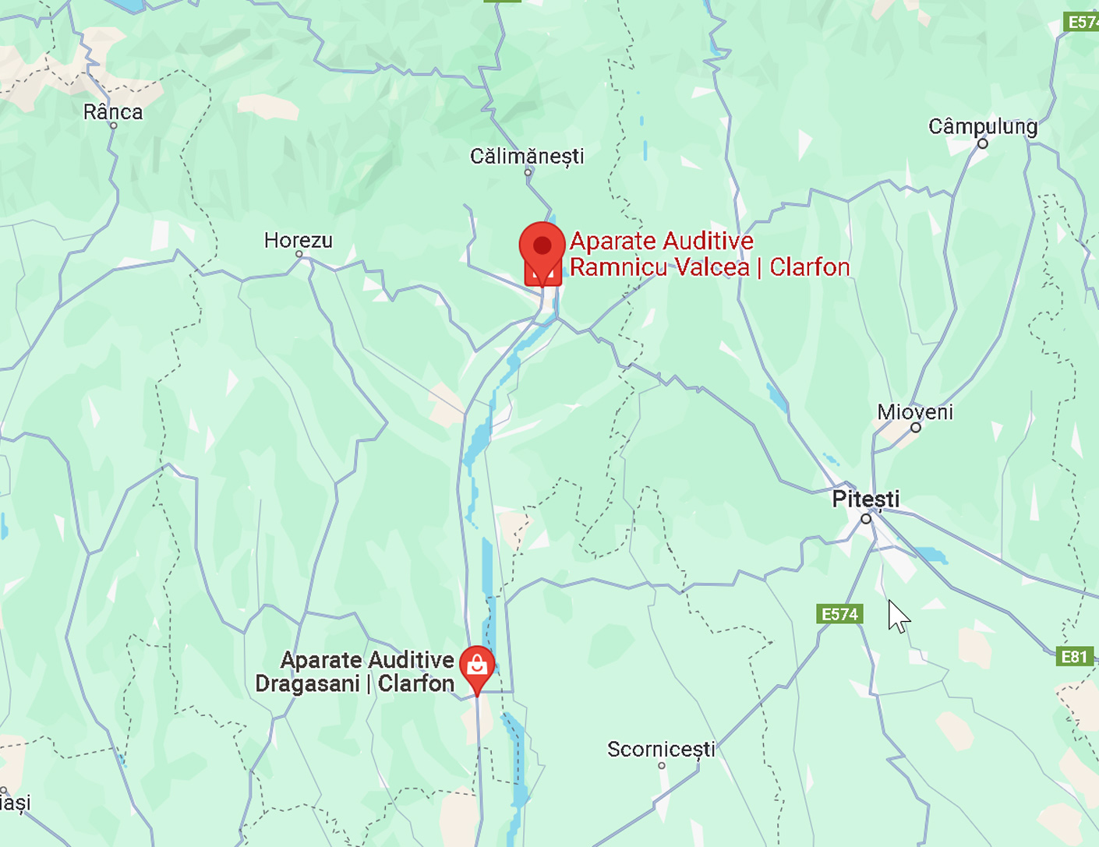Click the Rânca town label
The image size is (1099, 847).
pyautogui.click(x=113, y=112)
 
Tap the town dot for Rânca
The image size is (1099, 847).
pyautogui.click(x=113, y=125)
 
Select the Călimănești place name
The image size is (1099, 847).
pyautogui.click(x=527, y=156)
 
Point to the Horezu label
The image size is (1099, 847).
pyautogui.click(x=298, y=240)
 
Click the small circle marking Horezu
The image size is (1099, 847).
pyautogui.click(x=299, y=254)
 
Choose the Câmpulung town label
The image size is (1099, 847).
pyautogui.click(x=983, y=126)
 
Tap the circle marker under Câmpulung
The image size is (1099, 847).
pyautogui.click(x=983, y=143)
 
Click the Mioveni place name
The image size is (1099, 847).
pyautogui.click(x=915, y=411)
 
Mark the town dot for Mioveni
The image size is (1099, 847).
pyautogui.click(x=916, y=427)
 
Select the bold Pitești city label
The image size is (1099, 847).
pyautogui.click(x=865, y=499)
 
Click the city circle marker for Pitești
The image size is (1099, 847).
pyautogui.click(x=866, y=519)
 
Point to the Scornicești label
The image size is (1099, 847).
pyautogui.click(x=661, y=749)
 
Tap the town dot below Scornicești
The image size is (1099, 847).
pyautogui.click(x=662, y=765)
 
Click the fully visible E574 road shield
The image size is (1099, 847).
pyautogui.click(x=839, y=614)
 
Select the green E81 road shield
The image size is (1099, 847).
pyautogui.click(x=1073, y=656)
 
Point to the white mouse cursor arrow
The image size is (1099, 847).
pyautogui.click(x=897, y=615)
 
